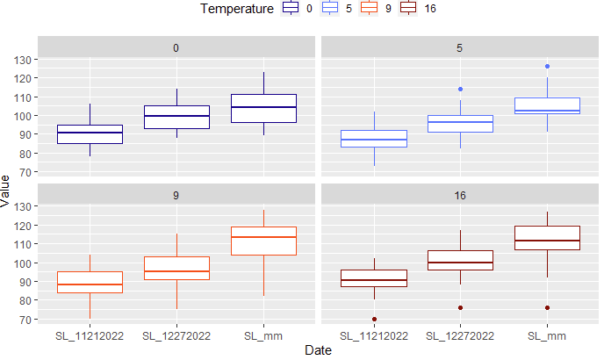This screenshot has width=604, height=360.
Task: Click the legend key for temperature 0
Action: (291, 9)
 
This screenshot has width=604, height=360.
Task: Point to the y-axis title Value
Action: (7, 191)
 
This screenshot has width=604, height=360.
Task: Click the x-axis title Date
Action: (317, 349)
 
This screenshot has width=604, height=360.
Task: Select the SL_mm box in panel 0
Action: (263, 108)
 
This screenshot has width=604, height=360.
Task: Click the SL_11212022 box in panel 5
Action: (374, 139)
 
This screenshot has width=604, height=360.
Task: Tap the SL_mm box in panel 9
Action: (263, 241)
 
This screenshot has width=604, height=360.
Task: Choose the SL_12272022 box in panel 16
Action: (460, 260)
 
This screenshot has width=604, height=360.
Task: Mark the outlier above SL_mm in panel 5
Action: (547, 66)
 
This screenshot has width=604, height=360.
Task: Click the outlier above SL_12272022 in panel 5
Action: (460, 89)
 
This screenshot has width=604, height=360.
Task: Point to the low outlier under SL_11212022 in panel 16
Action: (374, 319)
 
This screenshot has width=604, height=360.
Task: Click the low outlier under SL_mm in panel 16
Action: (547, 307)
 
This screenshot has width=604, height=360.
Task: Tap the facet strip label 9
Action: (176, 195)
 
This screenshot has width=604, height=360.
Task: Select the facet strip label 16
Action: (460, 195)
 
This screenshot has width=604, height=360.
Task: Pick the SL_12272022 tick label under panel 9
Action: (176, 335)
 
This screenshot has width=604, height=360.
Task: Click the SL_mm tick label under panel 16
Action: (547, 335)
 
